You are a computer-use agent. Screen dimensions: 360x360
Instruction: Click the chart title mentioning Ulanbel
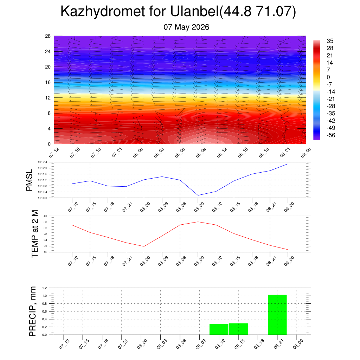point(178,11)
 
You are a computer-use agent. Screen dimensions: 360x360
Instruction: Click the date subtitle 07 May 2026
point(186,27)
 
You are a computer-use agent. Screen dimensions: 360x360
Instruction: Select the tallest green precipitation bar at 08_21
point(277,315)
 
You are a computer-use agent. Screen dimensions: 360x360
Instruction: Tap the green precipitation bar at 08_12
point(219,329)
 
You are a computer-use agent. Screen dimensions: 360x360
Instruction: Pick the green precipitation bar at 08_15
point(238,329)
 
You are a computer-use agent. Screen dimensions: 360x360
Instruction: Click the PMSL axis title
point(29,180)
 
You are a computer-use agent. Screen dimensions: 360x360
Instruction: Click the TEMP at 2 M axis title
point(35,234)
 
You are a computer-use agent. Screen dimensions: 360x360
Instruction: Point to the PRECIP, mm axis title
point(33,311)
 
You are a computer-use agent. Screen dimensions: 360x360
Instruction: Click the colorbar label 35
point(330,41)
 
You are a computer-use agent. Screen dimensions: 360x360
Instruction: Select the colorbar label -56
point(331,135)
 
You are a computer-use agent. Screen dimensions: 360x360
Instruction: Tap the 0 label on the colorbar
point(328,77)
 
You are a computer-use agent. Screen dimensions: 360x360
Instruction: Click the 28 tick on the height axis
point(48,36)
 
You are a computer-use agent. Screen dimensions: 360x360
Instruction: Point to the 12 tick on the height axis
point(48,98)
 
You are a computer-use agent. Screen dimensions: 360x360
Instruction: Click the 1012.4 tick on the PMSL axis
point(43,162)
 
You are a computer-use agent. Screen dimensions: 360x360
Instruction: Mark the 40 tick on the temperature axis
point(45,216)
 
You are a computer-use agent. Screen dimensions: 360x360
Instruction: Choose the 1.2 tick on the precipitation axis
point(45,288)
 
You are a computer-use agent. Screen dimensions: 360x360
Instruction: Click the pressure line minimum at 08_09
point(198,195)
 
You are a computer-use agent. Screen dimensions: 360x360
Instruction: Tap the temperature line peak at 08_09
point(198,222)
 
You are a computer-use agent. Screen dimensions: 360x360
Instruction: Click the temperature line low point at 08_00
point(144,246)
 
